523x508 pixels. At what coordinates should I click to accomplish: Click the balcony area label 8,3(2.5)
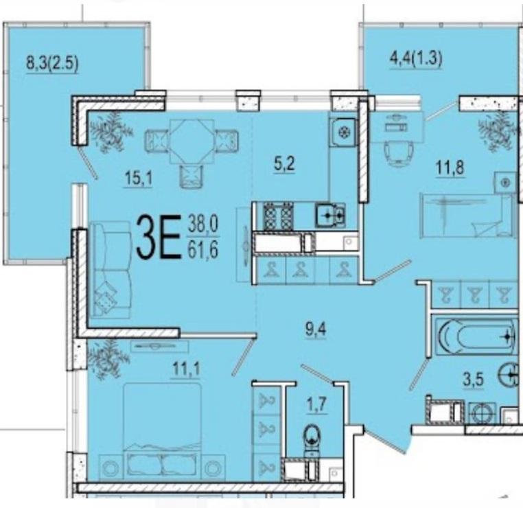coord(52,63)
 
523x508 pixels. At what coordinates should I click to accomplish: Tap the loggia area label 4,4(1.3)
coord(416,59)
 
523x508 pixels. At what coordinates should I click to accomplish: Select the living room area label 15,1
coord(139,178)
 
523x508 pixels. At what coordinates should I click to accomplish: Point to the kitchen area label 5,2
coord(285,164)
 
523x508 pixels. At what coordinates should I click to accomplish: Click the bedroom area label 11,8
coord(450,167)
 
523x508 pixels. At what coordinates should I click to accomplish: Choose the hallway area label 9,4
coord(316,330)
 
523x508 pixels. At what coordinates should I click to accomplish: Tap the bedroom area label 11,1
coord(187,369)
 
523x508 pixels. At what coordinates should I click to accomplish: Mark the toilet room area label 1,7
coord(316,405)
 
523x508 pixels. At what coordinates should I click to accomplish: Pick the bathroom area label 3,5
coord(474,380)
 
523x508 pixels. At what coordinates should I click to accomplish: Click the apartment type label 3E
coord(159,237)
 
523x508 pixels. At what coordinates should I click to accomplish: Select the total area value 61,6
coord(202,250)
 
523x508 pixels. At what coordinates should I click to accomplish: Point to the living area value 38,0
coord(202,224)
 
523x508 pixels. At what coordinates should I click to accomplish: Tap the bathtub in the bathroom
coord(476,337)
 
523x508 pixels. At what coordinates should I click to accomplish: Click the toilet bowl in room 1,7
coord(312,437)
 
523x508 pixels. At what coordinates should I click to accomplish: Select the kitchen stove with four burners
coord(278,216)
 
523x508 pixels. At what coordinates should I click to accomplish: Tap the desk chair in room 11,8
coord(399,152)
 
